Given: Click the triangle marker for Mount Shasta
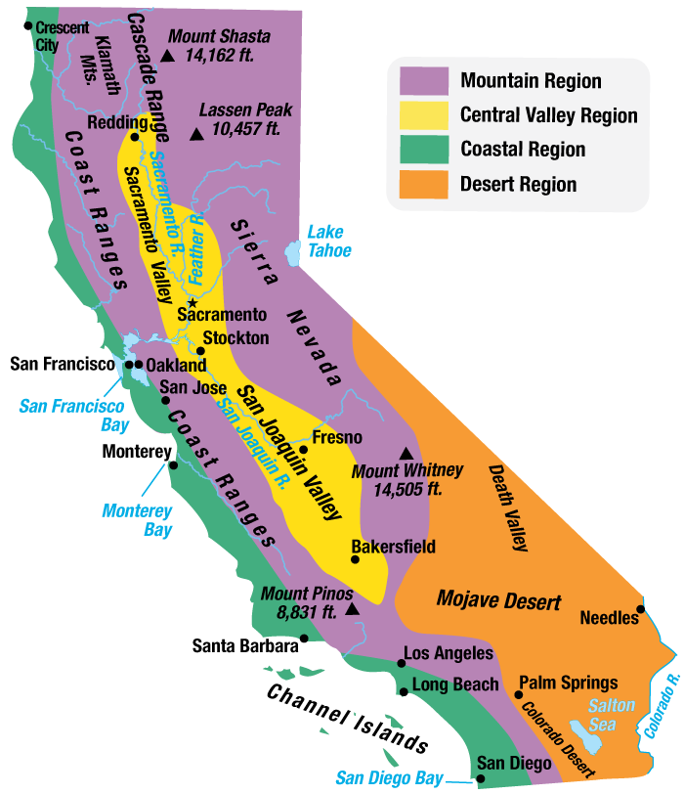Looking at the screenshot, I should (x=168, y=56).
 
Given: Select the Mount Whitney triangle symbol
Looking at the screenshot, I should (x=406, y=454).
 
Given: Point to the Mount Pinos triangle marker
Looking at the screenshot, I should (x=352, y=608).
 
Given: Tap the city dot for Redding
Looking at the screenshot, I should (x=135, y=138).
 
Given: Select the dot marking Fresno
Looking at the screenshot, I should (x=304, y=450).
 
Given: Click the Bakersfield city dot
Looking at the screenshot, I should (x=356, y=559).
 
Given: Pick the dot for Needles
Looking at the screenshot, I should (x=640, y=609).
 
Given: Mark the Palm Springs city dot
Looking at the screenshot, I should (x=518, y=694).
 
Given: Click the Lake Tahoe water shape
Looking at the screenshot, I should (x=292, y=253).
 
